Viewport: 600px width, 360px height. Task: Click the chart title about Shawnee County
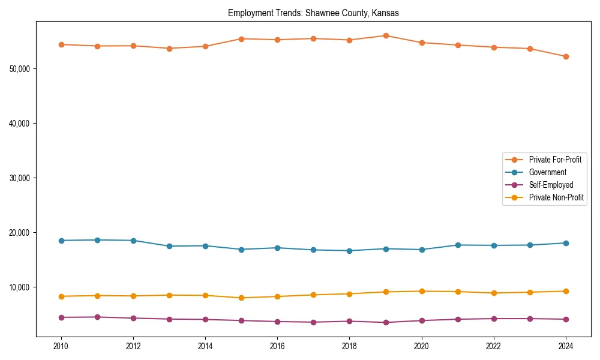click(313, 13)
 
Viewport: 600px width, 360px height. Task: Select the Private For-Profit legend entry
click(555, 160)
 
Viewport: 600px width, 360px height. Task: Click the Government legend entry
click(547, 172)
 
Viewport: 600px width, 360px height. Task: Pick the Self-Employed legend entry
click(551, 185)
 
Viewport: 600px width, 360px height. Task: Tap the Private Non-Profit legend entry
click(556, 197)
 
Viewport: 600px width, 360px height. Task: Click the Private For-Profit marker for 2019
click(386, 36)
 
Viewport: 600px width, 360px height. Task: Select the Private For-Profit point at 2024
click(566, 56)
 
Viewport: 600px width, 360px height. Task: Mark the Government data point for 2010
click(61, 241)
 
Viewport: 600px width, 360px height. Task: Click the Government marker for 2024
click(566, 243)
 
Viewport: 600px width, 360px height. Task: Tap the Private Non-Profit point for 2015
click(241, 298)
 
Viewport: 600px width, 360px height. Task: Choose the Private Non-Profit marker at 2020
click(422, 292)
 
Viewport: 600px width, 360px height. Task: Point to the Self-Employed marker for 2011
click(97, 317)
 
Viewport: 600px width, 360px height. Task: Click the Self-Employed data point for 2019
click(386, 322)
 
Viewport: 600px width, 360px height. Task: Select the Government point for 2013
click(169, 246)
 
